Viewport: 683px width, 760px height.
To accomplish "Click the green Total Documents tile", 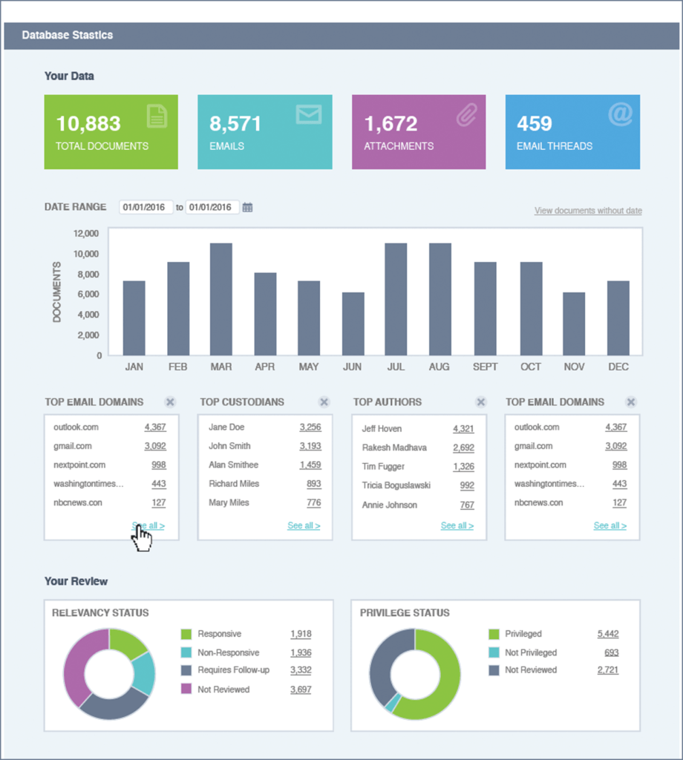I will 111,132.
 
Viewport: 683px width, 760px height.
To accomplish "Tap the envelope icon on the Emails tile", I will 308,114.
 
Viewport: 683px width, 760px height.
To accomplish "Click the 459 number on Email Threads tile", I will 535,123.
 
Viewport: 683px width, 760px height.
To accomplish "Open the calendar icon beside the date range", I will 248,208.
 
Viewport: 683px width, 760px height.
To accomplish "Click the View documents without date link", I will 588,211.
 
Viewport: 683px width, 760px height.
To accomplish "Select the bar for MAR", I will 221,299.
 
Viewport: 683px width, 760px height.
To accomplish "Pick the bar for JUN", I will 353,324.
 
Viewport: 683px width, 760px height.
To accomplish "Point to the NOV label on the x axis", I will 573,367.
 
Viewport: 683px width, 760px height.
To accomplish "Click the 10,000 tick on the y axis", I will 85,254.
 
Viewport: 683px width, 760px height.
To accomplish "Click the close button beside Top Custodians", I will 324,402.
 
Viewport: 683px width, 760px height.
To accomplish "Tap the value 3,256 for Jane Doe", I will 310,427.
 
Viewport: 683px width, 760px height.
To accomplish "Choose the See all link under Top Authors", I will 457,525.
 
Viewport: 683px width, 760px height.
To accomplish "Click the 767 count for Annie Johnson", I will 466,505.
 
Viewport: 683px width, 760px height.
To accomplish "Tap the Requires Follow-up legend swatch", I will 186,671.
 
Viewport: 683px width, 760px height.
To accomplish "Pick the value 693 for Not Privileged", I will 611,652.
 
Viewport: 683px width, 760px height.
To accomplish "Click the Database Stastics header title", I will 67,35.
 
